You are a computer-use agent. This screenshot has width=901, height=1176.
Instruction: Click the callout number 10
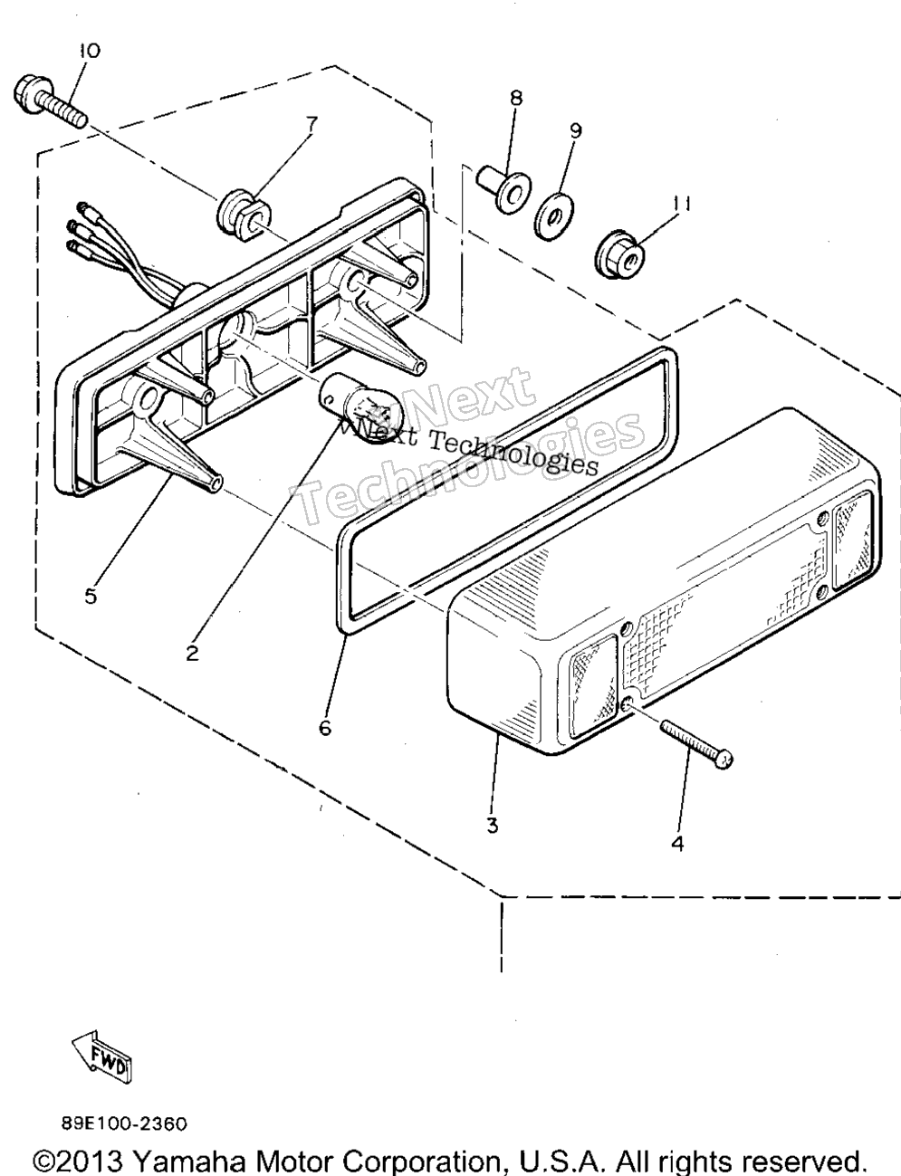click(x=90, y=51)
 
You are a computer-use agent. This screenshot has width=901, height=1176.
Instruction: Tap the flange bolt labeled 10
click(x=50, y=103)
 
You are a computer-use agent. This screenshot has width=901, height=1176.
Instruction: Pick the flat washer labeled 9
click(x=554, y=216)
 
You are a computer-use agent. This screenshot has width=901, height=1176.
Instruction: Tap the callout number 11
click(x=682, y=204)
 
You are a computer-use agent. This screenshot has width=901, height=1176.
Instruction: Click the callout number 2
click(x=192, y=654)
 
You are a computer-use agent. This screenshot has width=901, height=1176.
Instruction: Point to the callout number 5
click(x=91, y=596)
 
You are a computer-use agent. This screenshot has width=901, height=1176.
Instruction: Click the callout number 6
click(x=325, y=729)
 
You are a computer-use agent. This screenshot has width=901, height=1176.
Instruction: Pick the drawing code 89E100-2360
click(x=124, y=1124)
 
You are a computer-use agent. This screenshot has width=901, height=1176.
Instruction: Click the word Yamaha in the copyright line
click(x=189, y=1160)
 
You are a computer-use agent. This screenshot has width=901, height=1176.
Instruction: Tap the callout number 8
click(x=516, y=98)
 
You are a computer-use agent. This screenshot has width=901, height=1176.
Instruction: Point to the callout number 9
click(x=575, y=130)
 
